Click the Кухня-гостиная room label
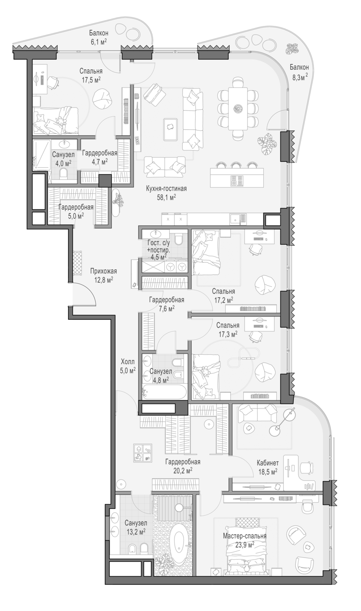(166, 189)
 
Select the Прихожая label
(103, 271)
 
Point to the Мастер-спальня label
(244, 536)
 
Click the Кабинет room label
(267, 463)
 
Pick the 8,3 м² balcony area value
(300, 77)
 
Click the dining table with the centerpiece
(238, 108)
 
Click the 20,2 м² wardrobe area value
(183, 470)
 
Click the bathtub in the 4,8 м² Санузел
(164, 393)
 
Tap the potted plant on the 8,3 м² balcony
(291, 49)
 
